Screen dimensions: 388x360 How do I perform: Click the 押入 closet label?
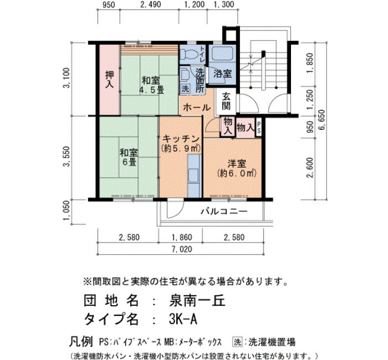click(x=109, y=79)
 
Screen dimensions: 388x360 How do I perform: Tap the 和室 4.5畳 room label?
click(x=151, y=85)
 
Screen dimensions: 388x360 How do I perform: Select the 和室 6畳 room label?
click(x=129, y=157)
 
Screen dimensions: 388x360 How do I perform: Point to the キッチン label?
click(x=181, y=138)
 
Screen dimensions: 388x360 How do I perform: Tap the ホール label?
click(x=197, y=107)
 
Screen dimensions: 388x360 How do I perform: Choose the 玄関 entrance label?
click(x=226, y=101)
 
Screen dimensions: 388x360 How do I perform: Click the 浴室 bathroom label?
click(x=222, y=74)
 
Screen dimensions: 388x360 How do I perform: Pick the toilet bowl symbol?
click(x=188, y=54)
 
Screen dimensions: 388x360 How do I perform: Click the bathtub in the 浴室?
click(x=222, y=53)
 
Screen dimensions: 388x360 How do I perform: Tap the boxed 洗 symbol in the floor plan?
click(x=185, y=89)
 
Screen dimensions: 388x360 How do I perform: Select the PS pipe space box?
click(x=258, y=128)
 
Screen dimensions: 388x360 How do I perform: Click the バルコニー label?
click(x=224, y=212)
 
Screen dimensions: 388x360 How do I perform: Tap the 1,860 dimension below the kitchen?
click(x=182, y=238)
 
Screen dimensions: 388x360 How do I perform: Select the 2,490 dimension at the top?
click(x=150, y=4)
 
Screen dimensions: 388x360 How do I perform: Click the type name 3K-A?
click(x=183, y=319)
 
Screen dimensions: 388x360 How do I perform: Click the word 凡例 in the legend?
click(x=81, y=342)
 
